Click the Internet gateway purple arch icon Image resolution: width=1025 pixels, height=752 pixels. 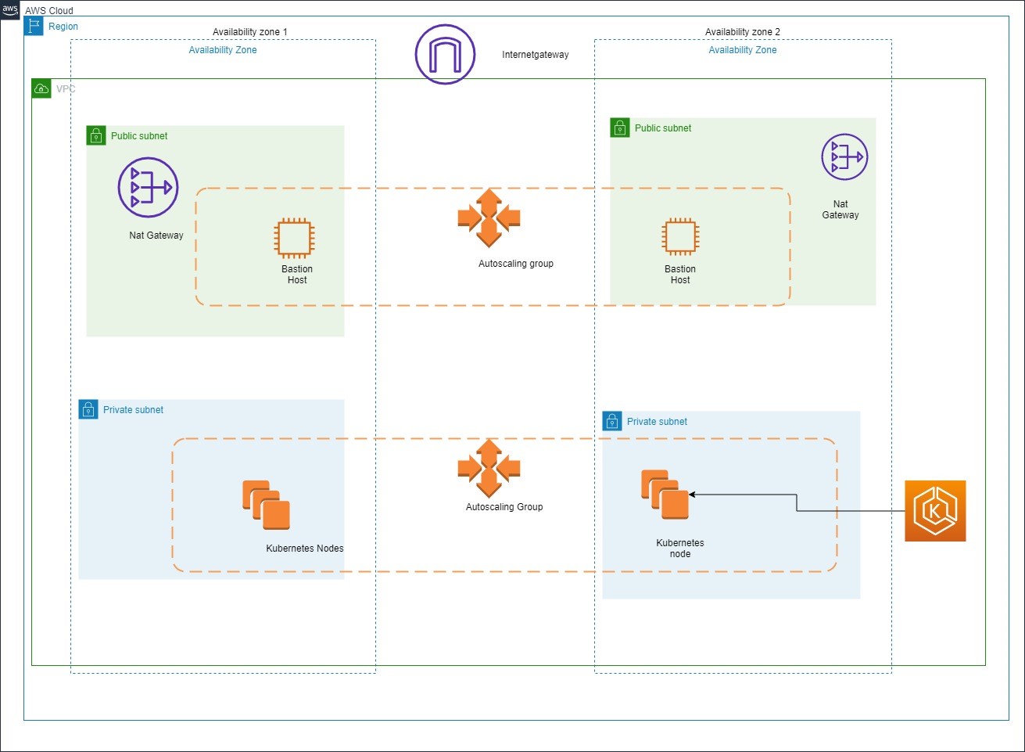coord(445,54)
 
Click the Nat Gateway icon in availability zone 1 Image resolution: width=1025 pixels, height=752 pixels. coord(148,188)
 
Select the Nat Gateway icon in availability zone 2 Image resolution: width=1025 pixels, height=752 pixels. coord(844,157)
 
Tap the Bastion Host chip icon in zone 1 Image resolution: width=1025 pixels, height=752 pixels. coord(294,238)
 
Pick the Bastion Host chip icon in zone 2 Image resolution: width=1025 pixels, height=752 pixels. coord(680,236)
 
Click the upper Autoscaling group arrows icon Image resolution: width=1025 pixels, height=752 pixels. coord(489,218)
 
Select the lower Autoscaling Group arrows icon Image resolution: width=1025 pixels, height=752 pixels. coord(489,469)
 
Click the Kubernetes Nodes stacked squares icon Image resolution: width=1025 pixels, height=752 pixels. coord(267,505)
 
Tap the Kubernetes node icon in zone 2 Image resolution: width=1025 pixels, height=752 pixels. coord(665,495)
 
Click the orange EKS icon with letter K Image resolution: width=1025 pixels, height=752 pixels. coord(935,511)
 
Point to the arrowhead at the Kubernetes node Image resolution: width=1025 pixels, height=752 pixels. coord(692,495)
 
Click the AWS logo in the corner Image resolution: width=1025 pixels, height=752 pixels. coord(10,10)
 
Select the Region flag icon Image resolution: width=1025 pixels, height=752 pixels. coord(34,26)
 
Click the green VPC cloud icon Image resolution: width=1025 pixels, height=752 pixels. coord(41,88)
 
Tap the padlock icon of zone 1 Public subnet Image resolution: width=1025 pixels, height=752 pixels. coord(96,136)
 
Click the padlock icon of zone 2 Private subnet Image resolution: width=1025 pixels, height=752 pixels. coord(612,421)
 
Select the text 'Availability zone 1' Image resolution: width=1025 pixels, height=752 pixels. coord(250,32)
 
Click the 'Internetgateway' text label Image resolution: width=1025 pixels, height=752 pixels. coord(536,55)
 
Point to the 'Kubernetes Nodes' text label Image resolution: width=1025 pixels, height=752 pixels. coord(305,549)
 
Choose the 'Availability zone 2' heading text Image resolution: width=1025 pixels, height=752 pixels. coord(743,32)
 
